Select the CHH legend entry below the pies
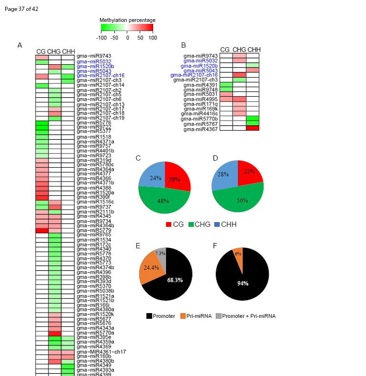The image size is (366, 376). click(x=224, y=224)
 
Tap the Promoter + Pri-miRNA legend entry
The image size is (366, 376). click(x=245, y=316)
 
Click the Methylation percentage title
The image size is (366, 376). click(x=127, y=20)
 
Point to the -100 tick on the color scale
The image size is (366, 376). click(x=102, y=38)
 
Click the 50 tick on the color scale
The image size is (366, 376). click(x=140, y=38)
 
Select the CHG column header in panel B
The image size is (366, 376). click(x=239, y=50)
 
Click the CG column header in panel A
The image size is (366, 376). click(x=41, y=51)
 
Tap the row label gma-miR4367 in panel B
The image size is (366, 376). click(x=201, y=129)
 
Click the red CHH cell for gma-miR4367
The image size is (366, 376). click(x=253, y=128)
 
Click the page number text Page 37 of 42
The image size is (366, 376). click(x=21, y=9)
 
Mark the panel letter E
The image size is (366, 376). click(x=138, y=246)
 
